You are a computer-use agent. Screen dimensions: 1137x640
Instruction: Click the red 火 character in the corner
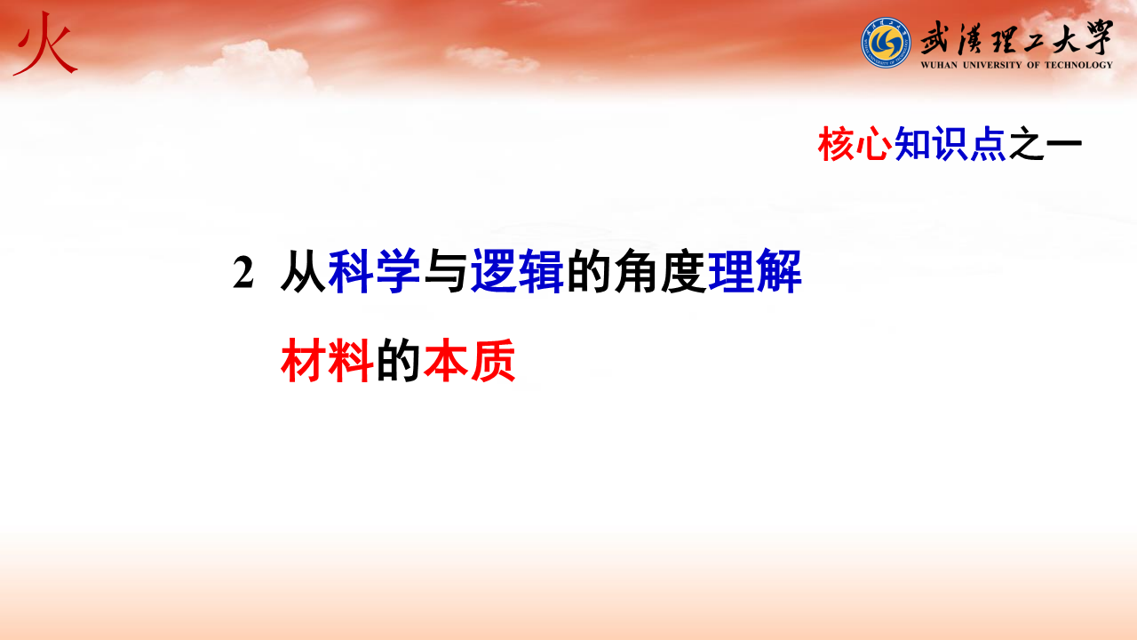tap(45, 44)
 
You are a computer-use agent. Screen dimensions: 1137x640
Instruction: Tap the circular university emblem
tap(886, 43)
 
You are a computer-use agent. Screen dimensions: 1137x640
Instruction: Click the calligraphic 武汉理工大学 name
tap(1017, 37)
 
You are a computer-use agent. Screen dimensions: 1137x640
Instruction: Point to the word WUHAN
tap(939, 65)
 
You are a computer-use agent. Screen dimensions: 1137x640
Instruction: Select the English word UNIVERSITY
tap(992, 65)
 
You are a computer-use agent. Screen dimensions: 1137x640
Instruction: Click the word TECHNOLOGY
tap(1078, 65)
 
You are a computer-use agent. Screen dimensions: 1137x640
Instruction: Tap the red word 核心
tap(855, 144)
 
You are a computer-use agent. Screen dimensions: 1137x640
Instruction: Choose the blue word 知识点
tap(950, 144)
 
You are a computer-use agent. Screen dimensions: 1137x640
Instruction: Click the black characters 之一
tap(1046, 144)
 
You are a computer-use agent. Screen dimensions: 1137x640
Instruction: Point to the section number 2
tap(243, 273)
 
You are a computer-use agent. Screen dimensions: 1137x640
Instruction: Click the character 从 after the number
tap(303, 272)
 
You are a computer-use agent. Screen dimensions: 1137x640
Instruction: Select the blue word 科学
tap(374, 272)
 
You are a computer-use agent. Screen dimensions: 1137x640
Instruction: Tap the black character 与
tap(445, 272)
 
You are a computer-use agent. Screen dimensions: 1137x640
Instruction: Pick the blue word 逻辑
tap(517, 272)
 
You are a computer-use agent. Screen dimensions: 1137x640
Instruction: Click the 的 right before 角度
tap(588, 272)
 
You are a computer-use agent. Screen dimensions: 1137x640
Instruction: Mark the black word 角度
tap(660, 272)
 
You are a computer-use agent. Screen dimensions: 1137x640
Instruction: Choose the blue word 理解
tap(755, 272)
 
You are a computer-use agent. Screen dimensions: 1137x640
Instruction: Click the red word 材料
tap(327, 361)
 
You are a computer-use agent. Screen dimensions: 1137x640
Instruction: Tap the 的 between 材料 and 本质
tap(398, 361)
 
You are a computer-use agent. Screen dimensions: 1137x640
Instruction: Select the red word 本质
tap(470, 361)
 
